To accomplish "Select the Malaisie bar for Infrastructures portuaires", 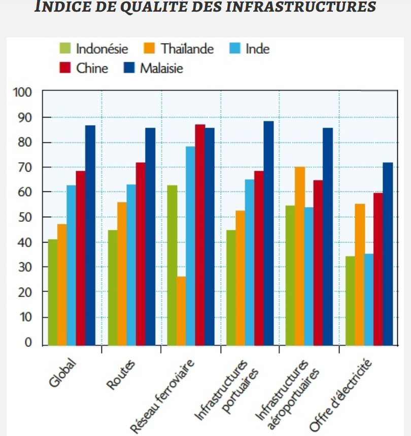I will pos(268,233).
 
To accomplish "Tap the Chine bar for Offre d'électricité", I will pos(378,268).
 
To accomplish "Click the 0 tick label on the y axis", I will pos(28,342).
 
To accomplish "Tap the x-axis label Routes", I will pos(121,375).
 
